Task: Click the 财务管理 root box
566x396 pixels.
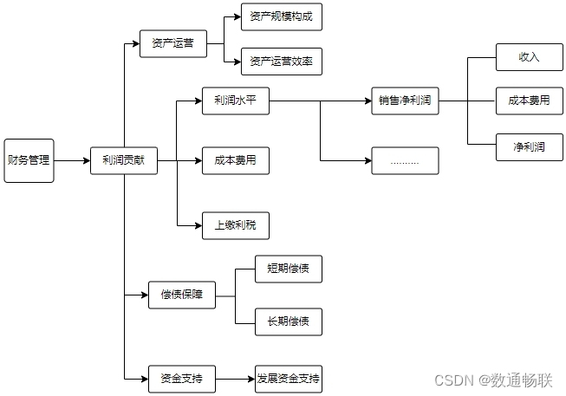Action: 29,160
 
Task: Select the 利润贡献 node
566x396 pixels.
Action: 124,160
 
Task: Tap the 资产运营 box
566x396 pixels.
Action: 172,43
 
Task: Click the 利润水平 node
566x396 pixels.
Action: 235,100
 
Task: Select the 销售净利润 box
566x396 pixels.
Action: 405,100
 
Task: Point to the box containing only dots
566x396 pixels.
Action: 405,161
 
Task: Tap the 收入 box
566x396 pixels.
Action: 529,57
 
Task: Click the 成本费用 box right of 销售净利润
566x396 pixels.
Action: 529,101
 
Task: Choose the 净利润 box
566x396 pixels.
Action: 529,146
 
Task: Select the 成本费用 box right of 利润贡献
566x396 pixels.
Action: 235,161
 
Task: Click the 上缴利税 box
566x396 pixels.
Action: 235,225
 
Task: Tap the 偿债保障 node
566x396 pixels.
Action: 181,295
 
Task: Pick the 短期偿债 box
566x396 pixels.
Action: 288,269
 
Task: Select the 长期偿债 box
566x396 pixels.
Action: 288,321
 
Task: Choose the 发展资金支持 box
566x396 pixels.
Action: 288,379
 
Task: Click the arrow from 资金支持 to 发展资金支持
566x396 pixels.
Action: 234,379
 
